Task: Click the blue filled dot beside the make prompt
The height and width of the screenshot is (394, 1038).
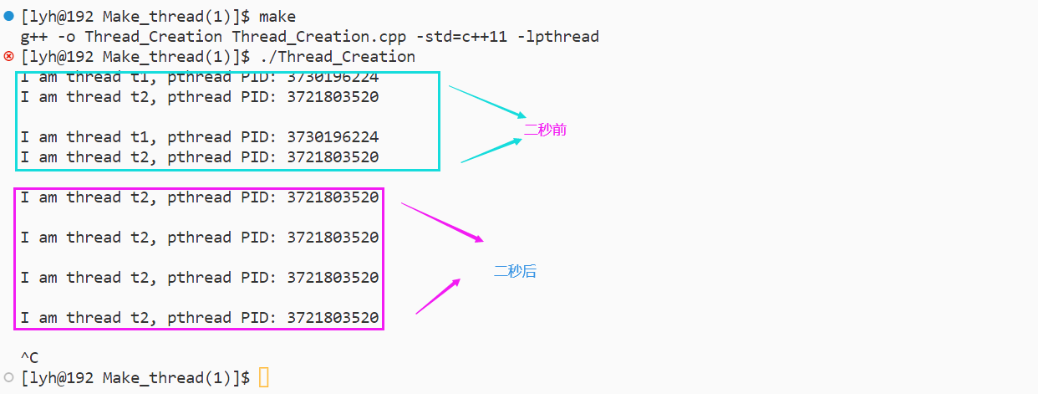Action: [9, 17]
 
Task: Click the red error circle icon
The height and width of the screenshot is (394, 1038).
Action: [9, 57]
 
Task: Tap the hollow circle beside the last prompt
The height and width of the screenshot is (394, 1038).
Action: [9, 377]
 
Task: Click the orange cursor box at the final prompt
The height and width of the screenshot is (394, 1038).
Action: [264, 378]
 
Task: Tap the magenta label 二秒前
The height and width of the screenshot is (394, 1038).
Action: [546, 130]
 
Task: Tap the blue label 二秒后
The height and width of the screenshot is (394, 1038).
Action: [515, 271]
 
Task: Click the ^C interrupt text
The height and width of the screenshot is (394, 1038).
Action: [30, 358]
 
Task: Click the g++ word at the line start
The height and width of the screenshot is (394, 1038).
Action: [31, 37]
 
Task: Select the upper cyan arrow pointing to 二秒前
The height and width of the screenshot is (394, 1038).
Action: [487, 101]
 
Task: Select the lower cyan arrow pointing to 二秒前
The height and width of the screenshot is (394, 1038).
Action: [491, 151]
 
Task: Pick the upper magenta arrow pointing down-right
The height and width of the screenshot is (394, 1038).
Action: [442, 222]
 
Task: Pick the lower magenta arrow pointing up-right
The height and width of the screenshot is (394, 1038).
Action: [438, 296]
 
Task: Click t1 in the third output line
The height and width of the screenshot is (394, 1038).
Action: [140, 137]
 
